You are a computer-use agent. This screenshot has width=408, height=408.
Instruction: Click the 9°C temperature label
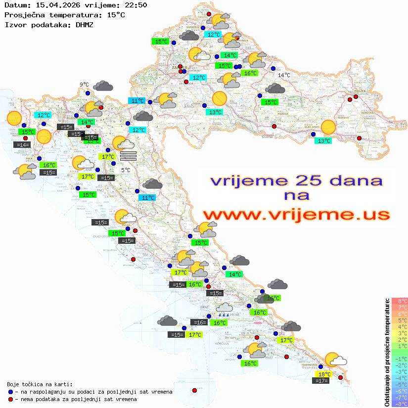click(84, 85)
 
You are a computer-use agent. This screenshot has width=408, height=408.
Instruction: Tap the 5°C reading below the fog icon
click(126, 170)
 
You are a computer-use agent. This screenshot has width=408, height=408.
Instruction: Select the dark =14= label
click(23, 145)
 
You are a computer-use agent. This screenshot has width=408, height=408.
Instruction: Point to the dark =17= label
click(321, 380)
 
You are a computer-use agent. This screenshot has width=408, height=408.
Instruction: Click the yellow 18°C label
click(324, 374)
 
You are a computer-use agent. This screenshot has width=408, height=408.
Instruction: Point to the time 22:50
click(135, 5)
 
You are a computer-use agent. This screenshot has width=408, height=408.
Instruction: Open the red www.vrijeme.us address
click(296, 215)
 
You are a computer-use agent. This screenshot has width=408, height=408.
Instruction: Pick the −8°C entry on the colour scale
click(399, 404)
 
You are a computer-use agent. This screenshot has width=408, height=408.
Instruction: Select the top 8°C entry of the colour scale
click(399, 301)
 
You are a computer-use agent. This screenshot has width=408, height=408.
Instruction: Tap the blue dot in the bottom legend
click(11, 392)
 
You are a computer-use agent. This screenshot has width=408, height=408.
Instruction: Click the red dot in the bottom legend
click(11, 399)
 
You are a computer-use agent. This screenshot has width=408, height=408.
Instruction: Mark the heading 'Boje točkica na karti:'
click(40, 384)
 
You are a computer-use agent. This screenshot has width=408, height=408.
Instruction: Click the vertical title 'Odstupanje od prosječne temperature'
click(387, 352)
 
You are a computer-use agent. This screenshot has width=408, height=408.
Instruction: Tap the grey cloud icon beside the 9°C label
click(103, 86)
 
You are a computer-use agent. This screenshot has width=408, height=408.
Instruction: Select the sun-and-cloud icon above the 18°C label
click(335, 360)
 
